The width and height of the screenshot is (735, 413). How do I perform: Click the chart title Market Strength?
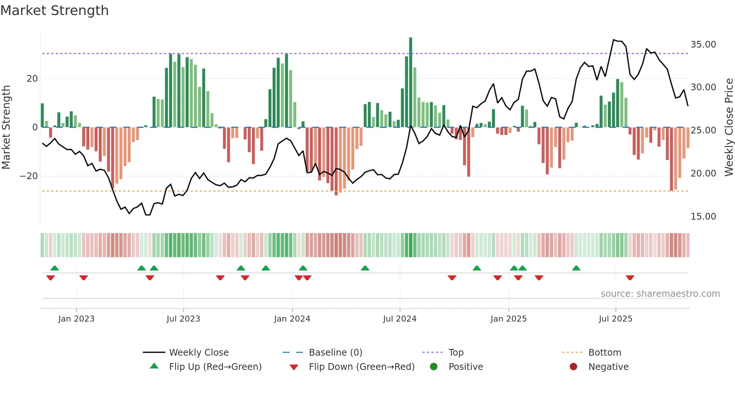[54, 10]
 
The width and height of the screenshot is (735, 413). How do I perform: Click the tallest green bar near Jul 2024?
[411, 82]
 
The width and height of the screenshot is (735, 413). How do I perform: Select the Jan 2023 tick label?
[76, 319]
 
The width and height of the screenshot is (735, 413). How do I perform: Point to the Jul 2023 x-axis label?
[183, 319]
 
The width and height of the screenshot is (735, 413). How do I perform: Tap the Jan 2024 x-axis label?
[292, 319]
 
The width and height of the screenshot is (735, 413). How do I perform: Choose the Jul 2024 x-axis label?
[400, 319]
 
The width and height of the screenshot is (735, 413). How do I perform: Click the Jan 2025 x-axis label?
[508, 319]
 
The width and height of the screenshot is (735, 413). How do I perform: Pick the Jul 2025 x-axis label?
[615, 319]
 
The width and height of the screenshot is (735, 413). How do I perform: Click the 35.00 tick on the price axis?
[703, 45]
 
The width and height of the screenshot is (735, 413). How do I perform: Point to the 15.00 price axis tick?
[703, 217]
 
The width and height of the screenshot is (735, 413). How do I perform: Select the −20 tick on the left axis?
[29, 176]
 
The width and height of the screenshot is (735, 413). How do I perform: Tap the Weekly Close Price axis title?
[729, 127]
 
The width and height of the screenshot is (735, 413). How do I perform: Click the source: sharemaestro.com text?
[660, 294]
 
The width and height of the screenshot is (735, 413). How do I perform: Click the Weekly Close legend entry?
[199, 353]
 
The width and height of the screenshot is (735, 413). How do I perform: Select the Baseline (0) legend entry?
[335, 353]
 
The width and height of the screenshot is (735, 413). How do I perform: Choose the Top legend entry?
[456, 353]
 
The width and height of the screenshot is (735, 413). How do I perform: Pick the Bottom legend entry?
[604, 353]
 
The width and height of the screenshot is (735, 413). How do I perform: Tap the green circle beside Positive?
[434, 367]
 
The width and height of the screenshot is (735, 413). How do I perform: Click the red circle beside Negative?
[573, 367]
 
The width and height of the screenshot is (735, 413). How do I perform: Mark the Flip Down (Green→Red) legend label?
[361, 367]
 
